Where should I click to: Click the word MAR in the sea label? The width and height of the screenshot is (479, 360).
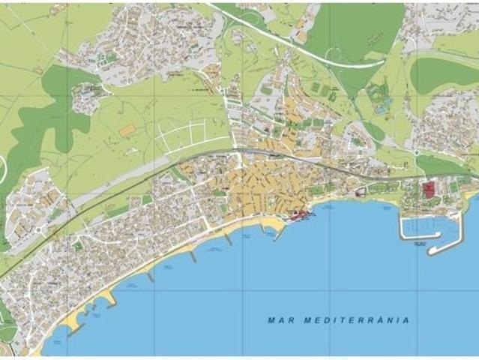(280, 319)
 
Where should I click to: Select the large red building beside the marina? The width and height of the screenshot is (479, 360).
(429, 190)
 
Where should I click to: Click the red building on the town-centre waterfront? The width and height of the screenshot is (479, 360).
(299, 214)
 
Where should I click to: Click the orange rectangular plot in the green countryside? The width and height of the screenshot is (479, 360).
(127, 130)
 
